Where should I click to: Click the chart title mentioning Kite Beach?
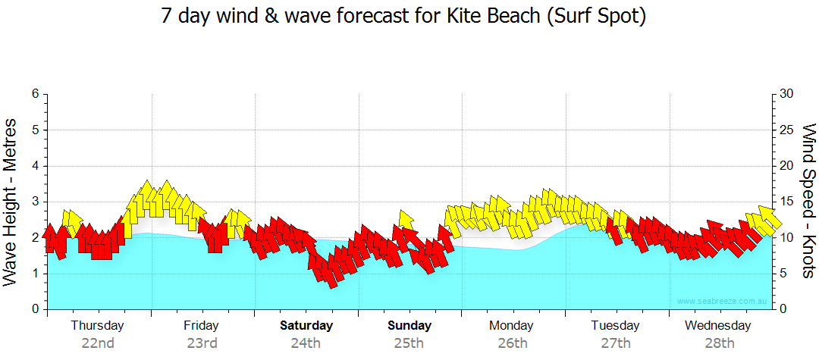coord(403,16)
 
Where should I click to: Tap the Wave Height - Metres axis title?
coord(11,202)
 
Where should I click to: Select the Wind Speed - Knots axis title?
coord(808,202)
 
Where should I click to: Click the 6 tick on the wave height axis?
coord(35,94)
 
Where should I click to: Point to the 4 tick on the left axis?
coord(35,166)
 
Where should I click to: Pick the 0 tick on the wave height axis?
coord(35,309)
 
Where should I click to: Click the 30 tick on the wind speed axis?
coord(787,94)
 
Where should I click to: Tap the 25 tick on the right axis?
coord(787,130)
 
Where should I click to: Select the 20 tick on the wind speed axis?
coord(787,166)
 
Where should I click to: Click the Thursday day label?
coord(98,326)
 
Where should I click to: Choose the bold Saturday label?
coord(306,326)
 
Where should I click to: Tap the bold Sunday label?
coord(409,326)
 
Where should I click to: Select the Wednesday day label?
coord(717,326)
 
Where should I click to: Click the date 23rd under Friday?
coord(202,343)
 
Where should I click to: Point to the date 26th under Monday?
coord(513,343)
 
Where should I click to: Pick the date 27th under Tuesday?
coord(616,343)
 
